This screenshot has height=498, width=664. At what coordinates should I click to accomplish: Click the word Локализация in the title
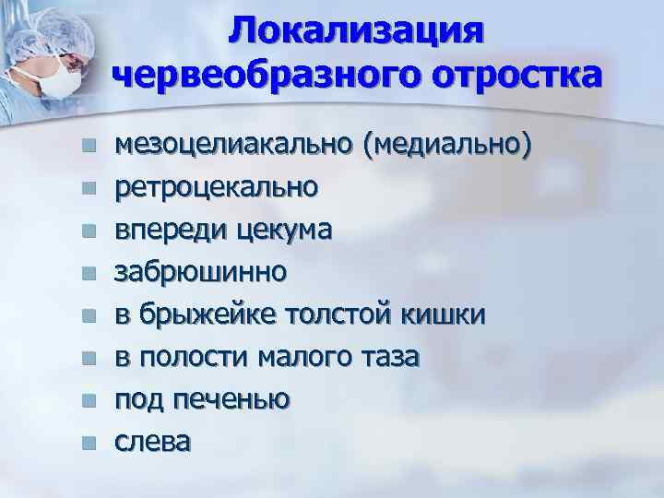356,30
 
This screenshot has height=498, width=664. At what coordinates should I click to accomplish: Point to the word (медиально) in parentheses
447,146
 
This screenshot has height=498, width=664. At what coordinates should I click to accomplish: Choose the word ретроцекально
216,187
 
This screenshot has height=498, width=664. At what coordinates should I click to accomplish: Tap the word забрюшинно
199,272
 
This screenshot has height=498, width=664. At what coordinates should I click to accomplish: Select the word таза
393,357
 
